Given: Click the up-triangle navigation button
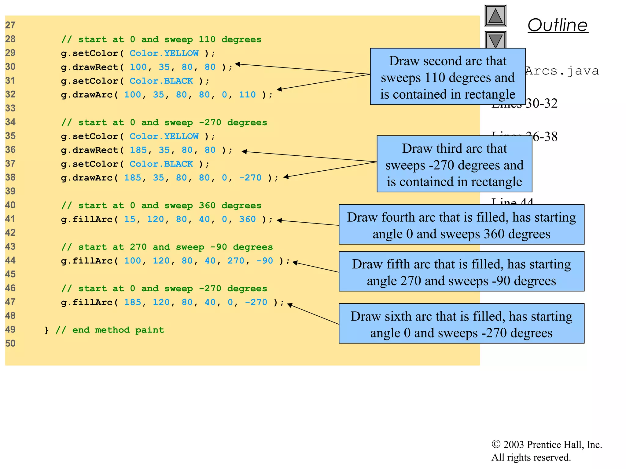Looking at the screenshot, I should tap(495, 16).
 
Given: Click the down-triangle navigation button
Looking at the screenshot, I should tap(495, 39).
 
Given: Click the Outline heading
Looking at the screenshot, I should tap(558, 25).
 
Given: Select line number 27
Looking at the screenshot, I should tap(10, 25).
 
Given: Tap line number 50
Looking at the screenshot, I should tap(10, 344).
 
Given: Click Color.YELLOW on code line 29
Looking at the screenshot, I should tap(164, 53).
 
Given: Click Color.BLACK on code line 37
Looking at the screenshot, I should tap(161, 164).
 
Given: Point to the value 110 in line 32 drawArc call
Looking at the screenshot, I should tap(247, 95).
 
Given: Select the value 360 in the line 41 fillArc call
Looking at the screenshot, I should tap(247, 219).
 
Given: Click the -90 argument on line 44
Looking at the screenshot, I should tap(264, 261).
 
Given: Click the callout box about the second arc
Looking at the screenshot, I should tap(447, 77).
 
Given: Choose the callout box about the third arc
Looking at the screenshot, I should tap(454, 164).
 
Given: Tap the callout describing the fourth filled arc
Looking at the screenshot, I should tap(461, 224).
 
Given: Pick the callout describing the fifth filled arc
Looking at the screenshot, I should tap(461, 271).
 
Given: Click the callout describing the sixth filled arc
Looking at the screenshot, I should tap(461, 323).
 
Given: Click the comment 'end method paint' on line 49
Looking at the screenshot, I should tap(110, 330).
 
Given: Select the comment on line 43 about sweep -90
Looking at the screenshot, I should tap(167, 247).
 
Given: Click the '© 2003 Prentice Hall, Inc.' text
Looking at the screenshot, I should tap(547, 445).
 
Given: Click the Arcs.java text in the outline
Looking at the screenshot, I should tap(562, 71).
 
